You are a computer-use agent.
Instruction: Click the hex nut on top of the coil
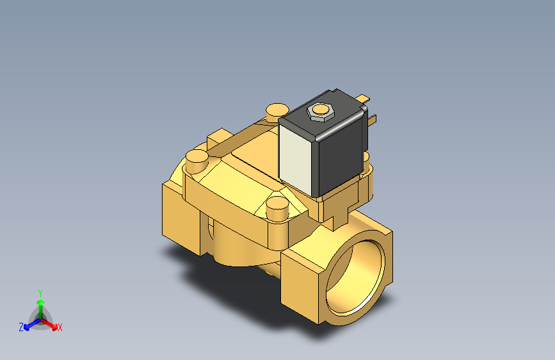click(319, 111)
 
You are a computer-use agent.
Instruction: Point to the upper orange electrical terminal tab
click(364, 99)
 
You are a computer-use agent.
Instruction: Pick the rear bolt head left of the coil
click(277, 109)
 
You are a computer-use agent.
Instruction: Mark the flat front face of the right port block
click(301, 282)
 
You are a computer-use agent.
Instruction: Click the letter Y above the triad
click(40, 291)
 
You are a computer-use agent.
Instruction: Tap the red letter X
click(60, 328)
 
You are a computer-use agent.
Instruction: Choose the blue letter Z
click(21, 327)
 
